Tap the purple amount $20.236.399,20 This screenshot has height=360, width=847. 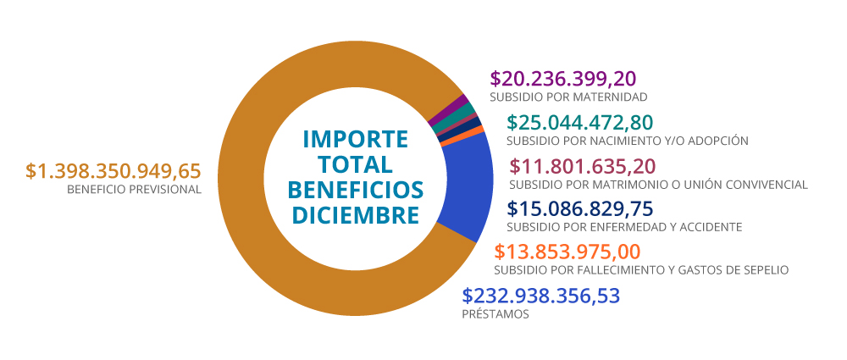tap(562, 79)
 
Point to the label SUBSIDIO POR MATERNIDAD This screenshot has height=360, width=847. tap(569, 97)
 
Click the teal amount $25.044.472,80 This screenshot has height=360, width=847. tap(579, 123)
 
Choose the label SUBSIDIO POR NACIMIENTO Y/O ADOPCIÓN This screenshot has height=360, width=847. tap(627, 141)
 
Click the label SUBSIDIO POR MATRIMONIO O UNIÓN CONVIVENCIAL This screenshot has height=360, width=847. tap(658, 185)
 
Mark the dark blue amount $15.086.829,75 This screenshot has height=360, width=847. tap(579, 209)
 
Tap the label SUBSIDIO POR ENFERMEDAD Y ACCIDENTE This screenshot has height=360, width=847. tap(624, 227)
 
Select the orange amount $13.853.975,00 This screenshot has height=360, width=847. tap(567, 252)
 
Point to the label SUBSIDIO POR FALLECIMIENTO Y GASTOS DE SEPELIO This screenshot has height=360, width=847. tap(641, 270)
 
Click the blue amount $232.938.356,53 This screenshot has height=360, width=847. tap(541, 296)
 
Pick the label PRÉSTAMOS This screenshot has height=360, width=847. tap(495, 314)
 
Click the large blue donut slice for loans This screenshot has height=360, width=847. tap(468, 191)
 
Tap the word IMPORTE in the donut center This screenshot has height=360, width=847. tap(355, 138)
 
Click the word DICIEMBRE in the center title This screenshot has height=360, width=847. tap(355, 215)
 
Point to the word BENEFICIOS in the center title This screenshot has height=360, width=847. tap(355, 189)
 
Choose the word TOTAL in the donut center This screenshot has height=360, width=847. tap(356, 163)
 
